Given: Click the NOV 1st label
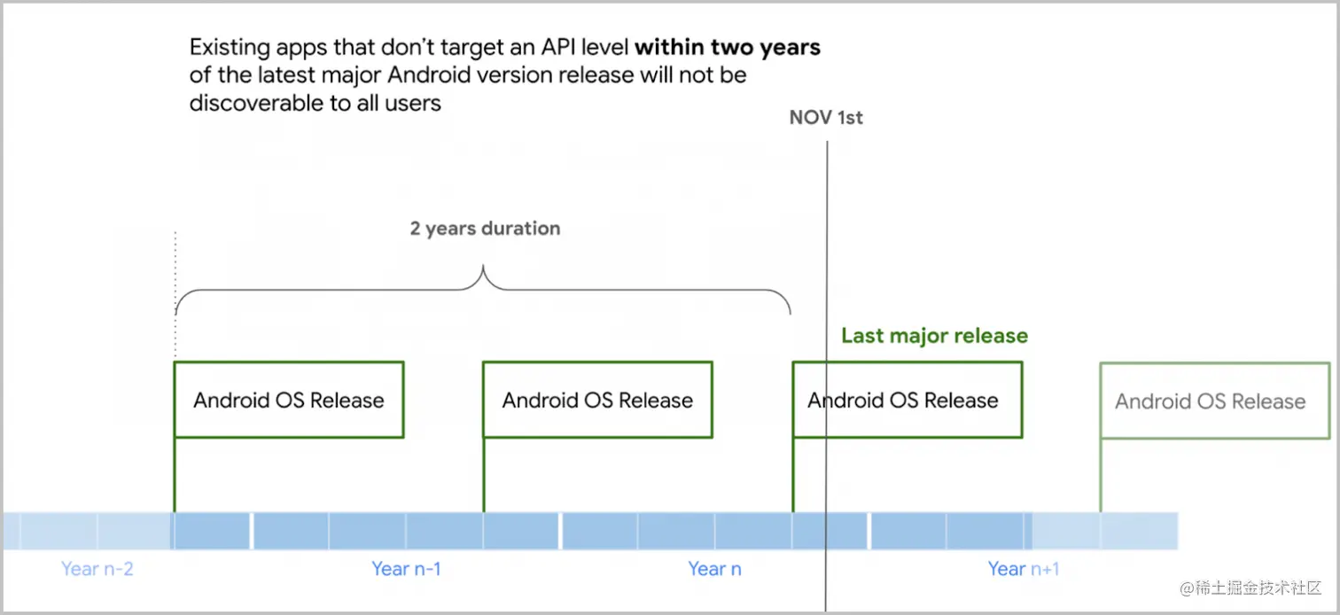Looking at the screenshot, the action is coord(826,118).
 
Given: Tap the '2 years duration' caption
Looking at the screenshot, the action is coord(485,229).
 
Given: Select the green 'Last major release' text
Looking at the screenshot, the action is coord(934,336).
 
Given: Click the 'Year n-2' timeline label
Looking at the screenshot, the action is coord(97,569).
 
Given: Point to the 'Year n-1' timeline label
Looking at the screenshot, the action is coord(406,569).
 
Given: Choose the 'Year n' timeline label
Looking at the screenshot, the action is coord(714,569).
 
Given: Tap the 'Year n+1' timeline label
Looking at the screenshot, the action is coord(1024,569).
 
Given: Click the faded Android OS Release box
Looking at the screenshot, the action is coord(1214,401).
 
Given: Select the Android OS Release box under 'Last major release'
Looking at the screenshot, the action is coord(907,400).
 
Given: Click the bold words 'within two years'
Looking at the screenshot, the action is coord(728,47).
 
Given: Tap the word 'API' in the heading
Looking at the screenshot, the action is coord(562,47).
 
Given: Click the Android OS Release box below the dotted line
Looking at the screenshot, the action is coord(289,400).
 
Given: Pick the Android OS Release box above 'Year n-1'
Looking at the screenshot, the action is coord(597,400).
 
